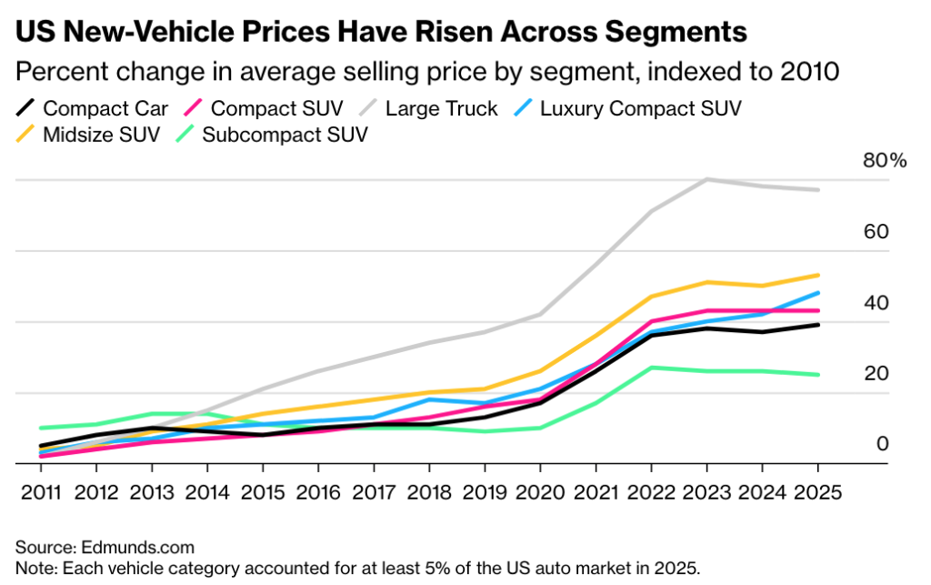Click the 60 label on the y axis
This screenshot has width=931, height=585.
tap(876, 232)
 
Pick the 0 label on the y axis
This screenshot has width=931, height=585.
tap(882, 444)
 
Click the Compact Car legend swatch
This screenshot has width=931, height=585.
tap(25, 109)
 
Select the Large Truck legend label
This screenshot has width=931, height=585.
tap(442, 109)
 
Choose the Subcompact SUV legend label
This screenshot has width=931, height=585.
tap(285, 136)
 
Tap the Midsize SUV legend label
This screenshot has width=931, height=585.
tap(100, 136)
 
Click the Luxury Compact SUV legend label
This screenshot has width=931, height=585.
tap(641, 109)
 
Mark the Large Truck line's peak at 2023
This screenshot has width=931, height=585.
tap(706, 179)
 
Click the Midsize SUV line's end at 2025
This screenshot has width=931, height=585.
tap(818, 275)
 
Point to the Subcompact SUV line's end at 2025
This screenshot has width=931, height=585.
tap(818, 375)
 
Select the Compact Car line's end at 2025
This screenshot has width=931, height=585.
tap(818, 325)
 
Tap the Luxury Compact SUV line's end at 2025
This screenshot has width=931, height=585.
tap(818, 293)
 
